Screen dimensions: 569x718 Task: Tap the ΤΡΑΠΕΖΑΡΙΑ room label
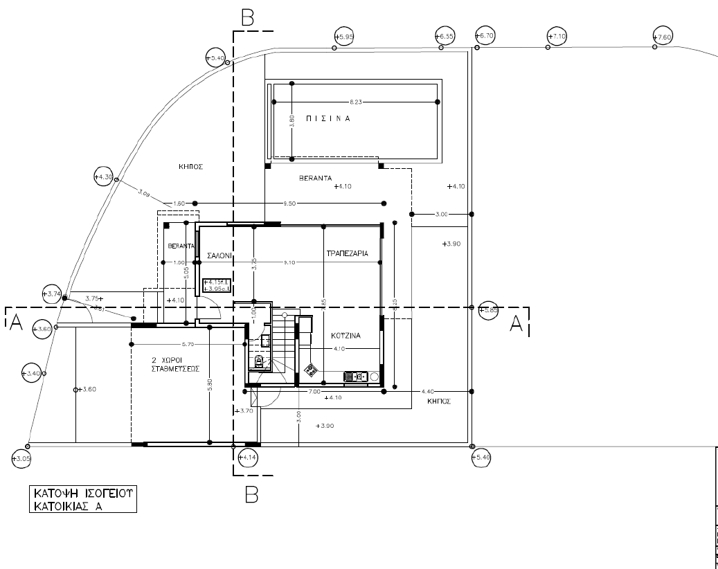point(352,254)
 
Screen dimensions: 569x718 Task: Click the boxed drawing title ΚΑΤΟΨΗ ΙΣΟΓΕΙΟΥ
point(82,499)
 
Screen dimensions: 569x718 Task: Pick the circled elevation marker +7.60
point(663,37)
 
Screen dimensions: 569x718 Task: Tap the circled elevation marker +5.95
point(343,36)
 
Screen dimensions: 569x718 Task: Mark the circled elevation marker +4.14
point(247,458)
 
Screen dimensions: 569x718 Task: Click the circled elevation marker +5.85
point(489,311)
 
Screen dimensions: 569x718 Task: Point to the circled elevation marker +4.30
point(103,177)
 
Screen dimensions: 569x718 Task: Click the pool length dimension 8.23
point(356,102)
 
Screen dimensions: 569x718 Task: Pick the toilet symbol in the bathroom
point(260,361)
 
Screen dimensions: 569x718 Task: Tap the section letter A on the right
point(517,323)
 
